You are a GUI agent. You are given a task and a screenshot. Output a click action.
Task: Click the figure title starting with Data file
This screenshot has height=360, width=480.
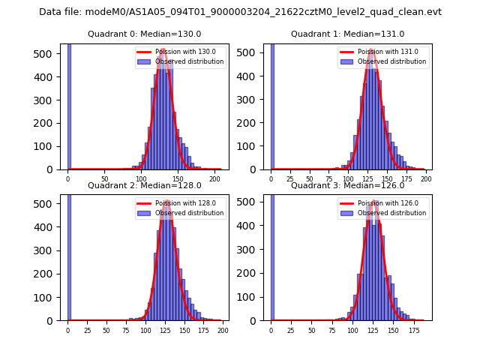[x=240, y=12]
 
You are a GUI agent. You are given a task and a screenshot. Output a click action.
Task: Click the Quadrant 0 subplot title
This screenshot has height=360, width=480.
[x=144, y=34]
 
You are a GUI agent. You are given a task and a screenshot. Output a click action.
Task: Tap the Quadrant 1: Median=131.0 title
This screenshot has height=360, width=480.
[x=347, y=34]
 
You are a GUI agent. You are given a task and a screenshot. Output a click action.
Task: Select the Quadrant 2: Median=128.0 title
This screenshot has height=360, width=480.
[x=144, y=185]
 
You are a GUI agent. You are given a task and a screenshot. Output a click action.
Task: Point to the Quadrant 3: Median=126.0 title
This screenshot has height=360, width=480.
[x=347, y=185]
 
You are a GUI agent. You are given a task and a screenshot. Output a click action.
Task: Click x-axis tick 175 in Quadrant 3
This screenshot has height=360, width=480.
[x=413, y=330]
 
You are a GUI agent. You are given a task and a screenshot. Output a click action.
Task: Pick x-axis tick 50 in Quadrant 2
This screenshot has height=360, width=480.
[x=106, y=330]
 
